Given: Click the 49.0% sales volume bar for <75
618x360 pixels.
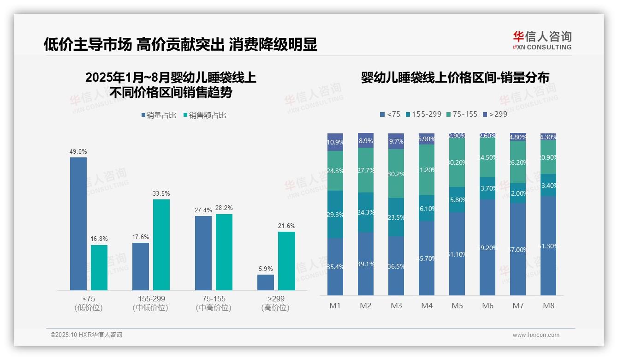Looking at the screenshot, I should (x=78, y=224).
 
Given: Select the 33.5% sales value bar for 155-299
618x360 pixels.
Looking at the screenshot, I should (x=161, y=245).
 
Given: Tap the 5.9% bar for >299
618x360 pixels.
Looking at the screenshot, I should (x=266, y=282).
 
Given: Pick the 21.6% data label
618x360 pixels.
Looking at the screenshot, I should (x=286, y=226).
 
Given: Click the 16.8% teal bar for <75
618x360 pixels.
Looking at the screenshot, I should (x=99, y=268).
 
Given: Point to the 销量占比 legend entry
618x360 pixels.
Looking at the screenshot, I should (x=159, y=115).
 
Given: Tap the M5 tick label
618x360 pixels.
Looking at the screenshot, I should (x=457, y=306).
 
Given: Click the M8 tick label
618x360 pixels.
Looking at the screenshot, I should (x=548, y=306).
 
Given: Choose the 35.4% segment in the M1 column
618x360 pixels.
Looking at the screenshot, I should (x=335, y=266).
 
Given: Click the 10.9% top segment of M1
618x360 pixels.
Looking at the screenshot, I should (x=335, y=142).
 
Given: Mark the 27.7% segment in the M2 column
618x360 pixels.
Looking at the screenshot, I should (x=366, y=170).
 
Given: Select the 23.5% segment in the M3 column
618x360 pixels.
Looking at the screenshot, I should (x=396, y=217).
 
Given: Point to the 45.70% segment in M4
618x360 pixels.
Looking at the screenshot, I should (x=427, y=258).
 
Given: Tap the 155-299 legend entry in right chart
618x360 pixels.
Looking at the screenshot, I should (x=423, y=114).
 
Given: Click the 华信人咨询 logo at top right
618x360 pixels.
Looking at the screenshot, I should (x=542, y=40).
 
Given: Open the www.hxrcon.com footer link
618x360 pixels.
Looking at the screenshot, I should (x=535, y=335).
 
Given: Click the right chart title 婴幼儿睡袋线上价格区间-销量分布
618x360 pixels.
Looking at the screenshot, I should (x=455, y=78).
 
